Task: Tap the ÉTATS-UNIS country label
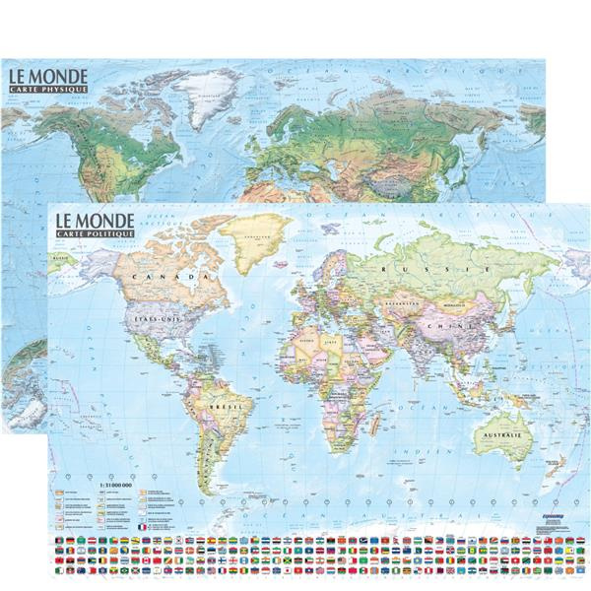click(x=153, y=320)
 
